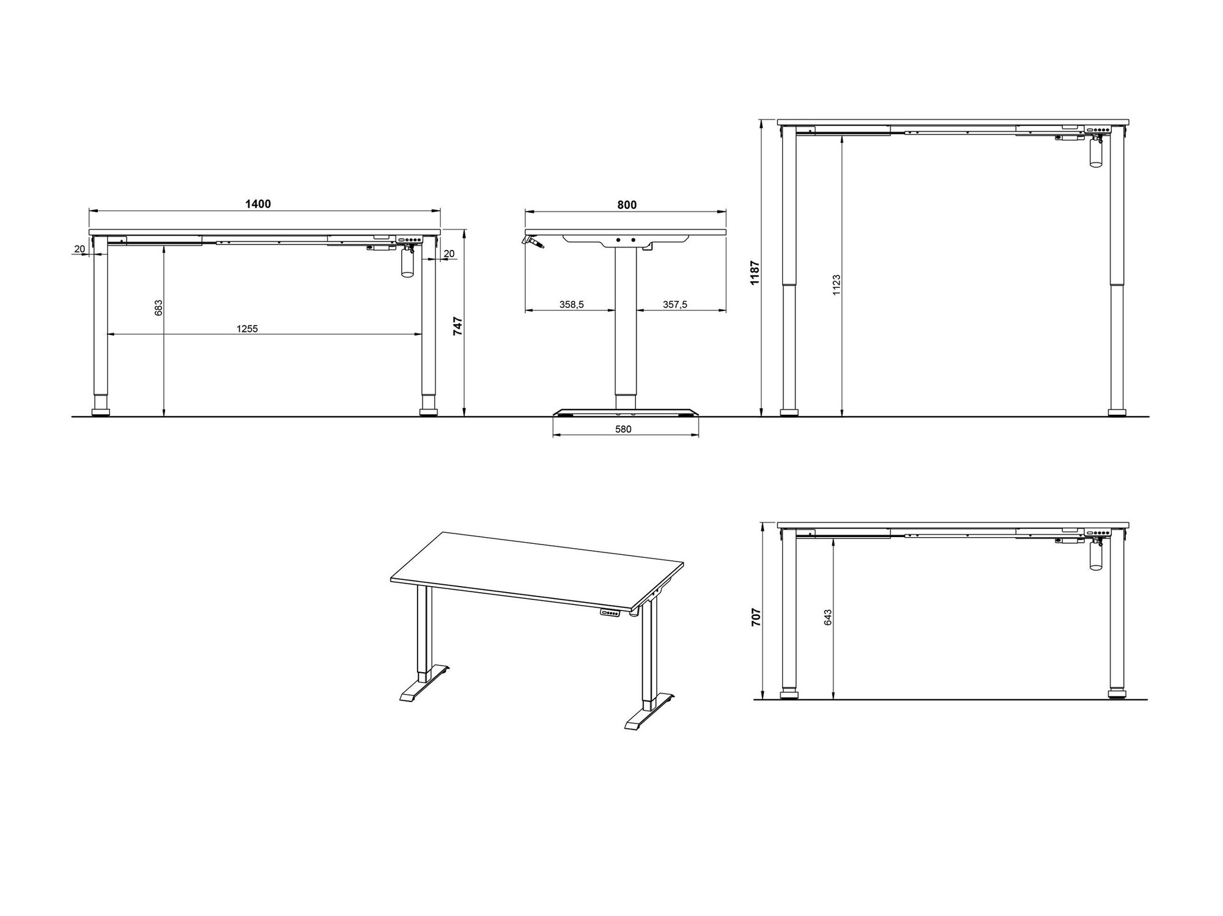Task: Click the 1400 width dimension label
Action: [258, 204]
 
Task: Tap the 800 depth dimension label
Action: [627, 205]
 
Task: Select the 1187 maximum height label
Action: [755, 273]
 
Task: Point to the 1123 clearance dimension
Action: [837, 285]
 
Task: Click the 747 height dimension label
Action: [458, 326]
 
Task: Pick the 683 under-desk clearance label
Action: [158, 307]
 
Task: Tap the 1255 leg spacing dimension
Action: [247, 329]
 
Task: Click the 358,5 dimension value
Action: [572, 304]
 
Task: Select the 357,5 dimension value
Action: [675, 304]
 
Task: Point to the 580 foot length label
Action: [623, 429]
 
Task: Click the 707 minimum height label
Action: [756, 617]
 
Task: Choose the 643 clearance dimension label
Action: [828, 617]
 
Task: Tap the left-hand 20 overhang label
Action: [79, 249]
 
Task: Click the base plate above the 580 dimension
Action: [625, 412]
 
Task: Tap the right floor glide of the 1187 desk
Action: [1117, 412]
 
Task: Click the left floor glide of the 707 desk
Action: [789, 694]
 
